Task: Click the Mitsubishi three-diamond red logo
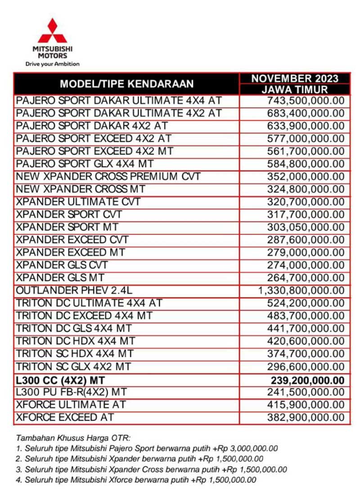pyautogui.click(x=52, y=31)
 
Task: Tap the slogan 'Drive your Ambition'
pyautogui.click(x=52, y=64)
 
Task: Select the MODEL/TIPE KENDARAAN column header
pyautogui.click(x=127, y=84)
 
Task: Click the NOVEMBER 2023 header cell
pyautogui.click(x=295, y=78)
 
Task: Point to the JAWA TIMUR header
pyautogui.click(x=295, y=90)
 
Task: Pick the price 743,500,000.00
pyautogui.click(x=306, y=101)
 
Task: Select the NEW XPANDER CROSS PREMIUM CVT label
pyautogui.click(x=108, y=176)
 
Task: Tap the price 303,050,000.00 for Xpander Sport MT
pyautogui.click(x=306, y=227)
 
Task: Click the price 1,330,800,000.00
pyautogui.click(x=301, y=291)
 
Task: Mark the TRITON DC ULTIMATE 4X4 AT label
pyautogui.click(x=89, y=303)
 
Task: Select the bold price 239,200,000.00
pyautogui.click(x=307, y=380)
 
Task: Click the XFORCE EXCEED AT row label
pyautogui.click(x=65, y=417)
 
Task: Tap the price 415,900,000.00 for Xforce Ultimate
pyautogui.click(x=306, y=405)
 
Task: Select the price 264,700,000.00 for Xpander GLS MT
pyautogui.click(x=306, y=278)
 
